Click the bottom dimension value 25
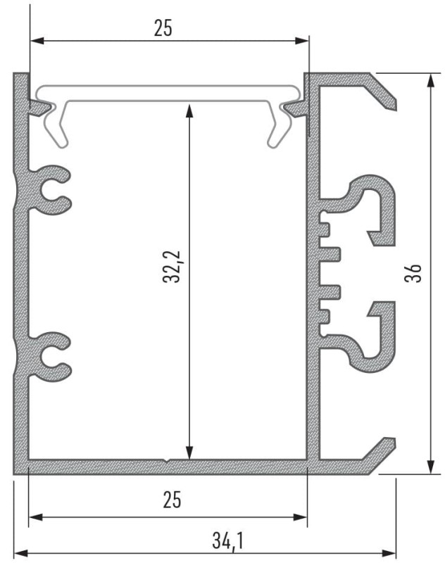tap(172, 500)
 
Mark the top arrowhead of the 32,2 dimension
tap(189, 110)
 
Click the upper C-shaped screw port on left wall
tap(51, 189)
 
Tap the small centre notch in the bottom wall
tap(166, 462)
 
